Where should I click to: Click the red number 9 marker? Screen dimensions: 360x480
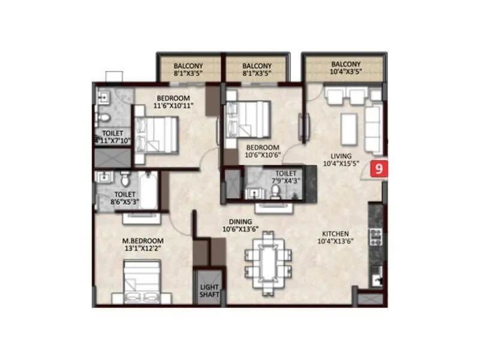point(379,169)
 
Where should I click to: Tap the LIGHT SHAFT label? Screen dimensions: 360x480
point(209,291)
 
